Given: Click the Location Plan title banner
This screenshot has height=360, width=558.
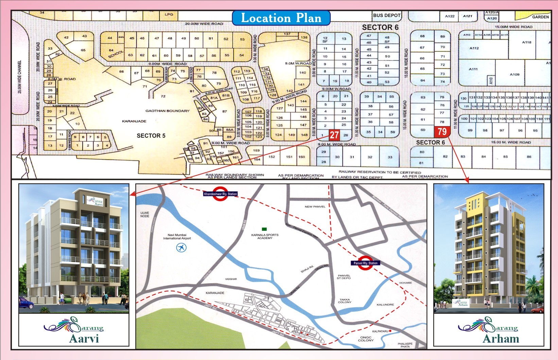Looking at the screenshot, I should tap(281, 18).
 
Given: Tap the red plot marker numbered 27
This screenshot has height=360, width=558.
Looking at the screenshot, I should tap(334, 135).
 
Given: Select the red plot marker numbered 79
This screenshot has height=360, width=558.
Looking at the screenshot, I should tap(442, 132).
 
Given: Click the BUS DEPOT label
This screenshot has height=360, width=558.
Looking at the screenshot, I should tap(387, 15).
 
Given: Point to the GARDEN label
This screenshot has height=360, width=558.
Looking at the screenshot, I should tap(540, 17).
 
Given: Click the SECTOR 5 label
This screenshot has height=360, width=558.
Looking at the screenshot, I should tap(151, 136).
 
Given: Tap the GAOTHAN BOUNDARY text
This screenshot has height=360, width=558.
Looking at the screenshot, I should tap(167, 111).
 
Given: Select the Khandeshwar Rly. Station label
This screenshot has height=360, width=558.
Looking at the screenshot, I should tap(220, 194).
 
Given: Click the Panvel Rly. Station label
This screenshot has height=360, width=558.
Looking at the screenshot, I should tap(365, 263).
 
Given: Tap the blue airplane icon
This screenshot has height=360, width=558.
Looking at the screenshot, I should tap(181, 248).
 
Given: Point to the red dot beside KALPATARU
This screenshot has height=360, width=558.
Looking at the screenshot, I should tap(390, 331).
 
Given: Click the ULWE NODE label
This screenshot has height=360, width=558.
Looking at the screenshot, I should tap(145, 215).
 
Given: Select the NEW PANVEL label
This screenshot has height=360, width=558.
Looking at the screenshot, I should tap(315, 207).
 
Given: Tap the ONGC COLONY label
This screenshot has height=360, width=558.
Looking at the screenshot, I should tap(366, 339).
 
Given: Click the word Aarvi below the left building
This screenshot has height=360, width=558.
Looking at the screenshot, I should tap(84, 339).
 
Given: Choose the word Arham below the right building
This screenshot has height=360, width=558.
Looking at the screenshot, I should tap(501, 339).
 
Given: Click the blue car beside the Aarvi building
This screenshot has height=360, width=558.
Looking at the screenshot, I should tap(26, 303).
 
